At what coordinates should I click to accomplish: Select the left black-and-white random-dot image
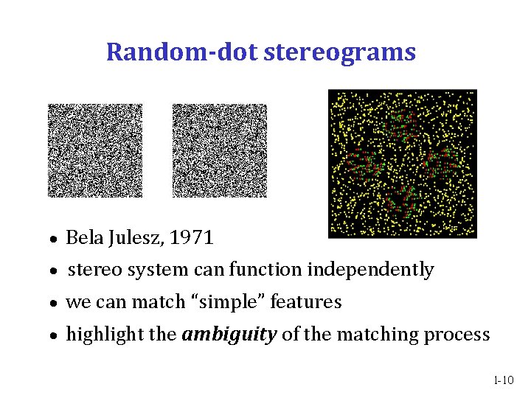tap(95, 150)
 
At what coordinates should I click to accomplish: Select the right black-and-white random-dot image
tap(219, 150)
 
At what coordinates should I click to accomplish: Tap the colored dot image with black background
tap(402, 163)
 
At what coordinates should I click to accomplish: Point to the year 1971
tap(191, 238)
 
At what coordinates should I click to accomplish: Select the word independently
tap(370, 270)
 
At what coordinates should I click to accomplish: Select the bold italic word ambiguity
tap(229, 335)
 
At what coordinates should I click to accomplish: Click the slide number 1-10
tap(504, 380)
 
